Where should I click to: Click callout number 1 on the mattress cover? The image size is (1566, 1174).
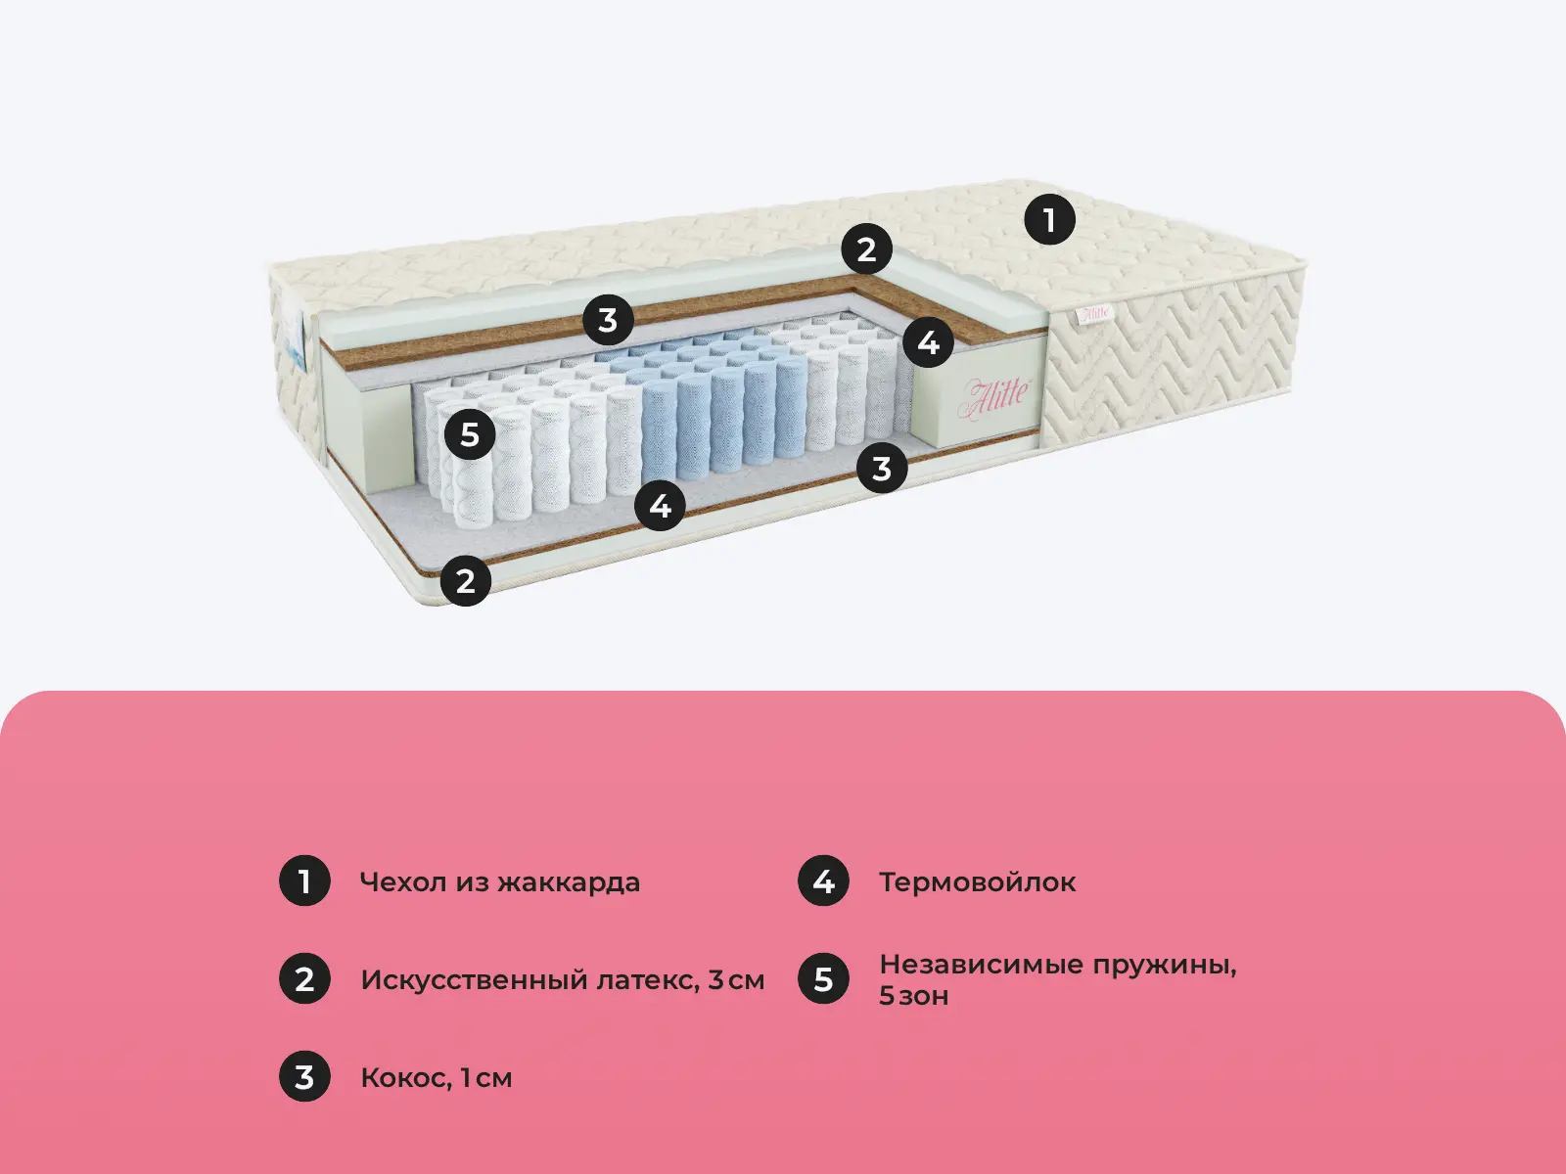pyautogui.click(x=1049, y=219)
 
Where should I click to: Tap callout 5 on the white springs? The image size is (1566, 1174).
pyautogui.click(x=470, y=434)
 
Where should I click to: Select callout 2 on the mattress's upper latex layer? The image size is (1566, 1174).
pyautogui.click(x=866, y=249)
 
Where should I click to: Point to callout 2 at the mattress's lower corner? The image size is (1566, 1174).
pyautogui.click(x=465, y=580)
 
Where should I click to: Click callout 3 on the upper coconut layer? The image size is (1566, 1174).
pyautogui.click(x=608, y=320)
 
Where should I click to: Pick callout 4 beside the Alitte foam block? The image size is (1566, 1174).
pyautogui.click(x=928, y=342)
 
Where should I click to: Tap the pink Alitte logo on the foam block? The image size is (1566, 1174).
pyautogui.click(x=995, y=396)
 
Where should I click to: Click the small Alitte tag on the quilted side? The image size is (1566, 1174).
pyautogui.click(x=1093, y=312)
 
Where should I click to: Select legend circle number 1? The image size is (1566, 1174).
pyautogui.click(x=304, y=881)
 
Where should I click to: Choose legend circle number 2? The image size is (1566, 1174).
pyautogui.click(x=304, y=978)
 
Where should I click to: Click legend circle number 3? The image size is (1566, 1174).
pyautogui.click(x=304, y=1076)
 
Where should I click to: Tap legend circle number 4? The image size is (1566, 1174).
pyautogui.click(x=823, y=881)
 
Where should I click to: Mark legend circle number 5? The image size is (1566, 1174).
pyautogui.click(x=823, y=978)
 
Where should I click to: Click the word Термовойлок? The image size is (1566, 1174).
pyautogui.click(x=978, y=882)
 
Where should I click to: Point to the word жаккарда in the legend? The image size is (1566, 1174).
pyautogui.click(x=569, y=883)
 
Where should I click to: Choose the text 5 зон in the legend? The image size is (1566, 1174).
pyautogui.click(x=914, y=996)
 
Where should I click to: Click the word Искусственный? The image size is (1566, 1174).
pyautogui.click(x=474, y=981)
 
